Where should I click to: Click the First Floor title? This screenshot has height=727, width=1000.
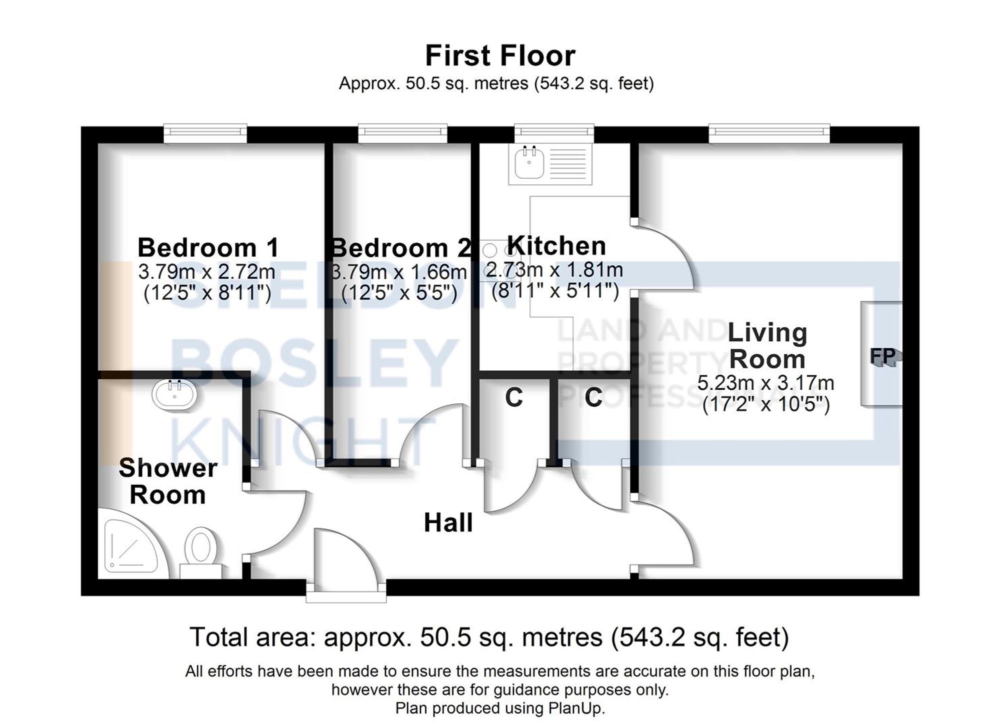pos(500,55)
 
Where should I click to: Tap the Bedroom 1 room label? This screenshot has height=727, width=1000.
pos(208,247)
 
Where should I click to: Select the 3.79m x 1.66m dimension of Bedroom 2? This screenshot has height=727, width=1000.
pos(399,272)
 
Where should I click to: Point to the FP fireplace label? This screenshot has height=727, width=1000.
pos(882,356)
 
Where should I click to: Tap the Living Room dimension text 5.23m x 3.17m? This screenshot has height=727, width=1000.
pos(765,383)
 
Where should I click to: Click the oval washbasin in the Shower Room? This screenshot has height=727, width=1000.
pos(174,395)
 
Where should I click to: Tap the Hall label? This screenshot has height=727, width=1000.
pos(448,523)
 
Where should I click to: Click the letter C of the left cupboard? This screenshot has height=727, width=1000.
pos(513,397)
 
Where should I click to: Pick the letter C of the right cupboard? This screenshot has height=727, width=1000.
pos(593,397)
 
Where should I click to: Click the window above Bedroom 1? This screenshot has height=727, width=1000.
pos(205,132)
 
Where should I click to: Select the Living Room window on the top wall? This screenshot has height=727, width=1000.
pos(769,132)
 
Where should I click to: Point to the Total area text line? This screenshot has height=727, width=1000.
pos(489,637)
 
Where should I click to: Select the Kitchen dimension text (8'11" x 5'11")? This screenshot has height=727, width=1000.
pos(555,290)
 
